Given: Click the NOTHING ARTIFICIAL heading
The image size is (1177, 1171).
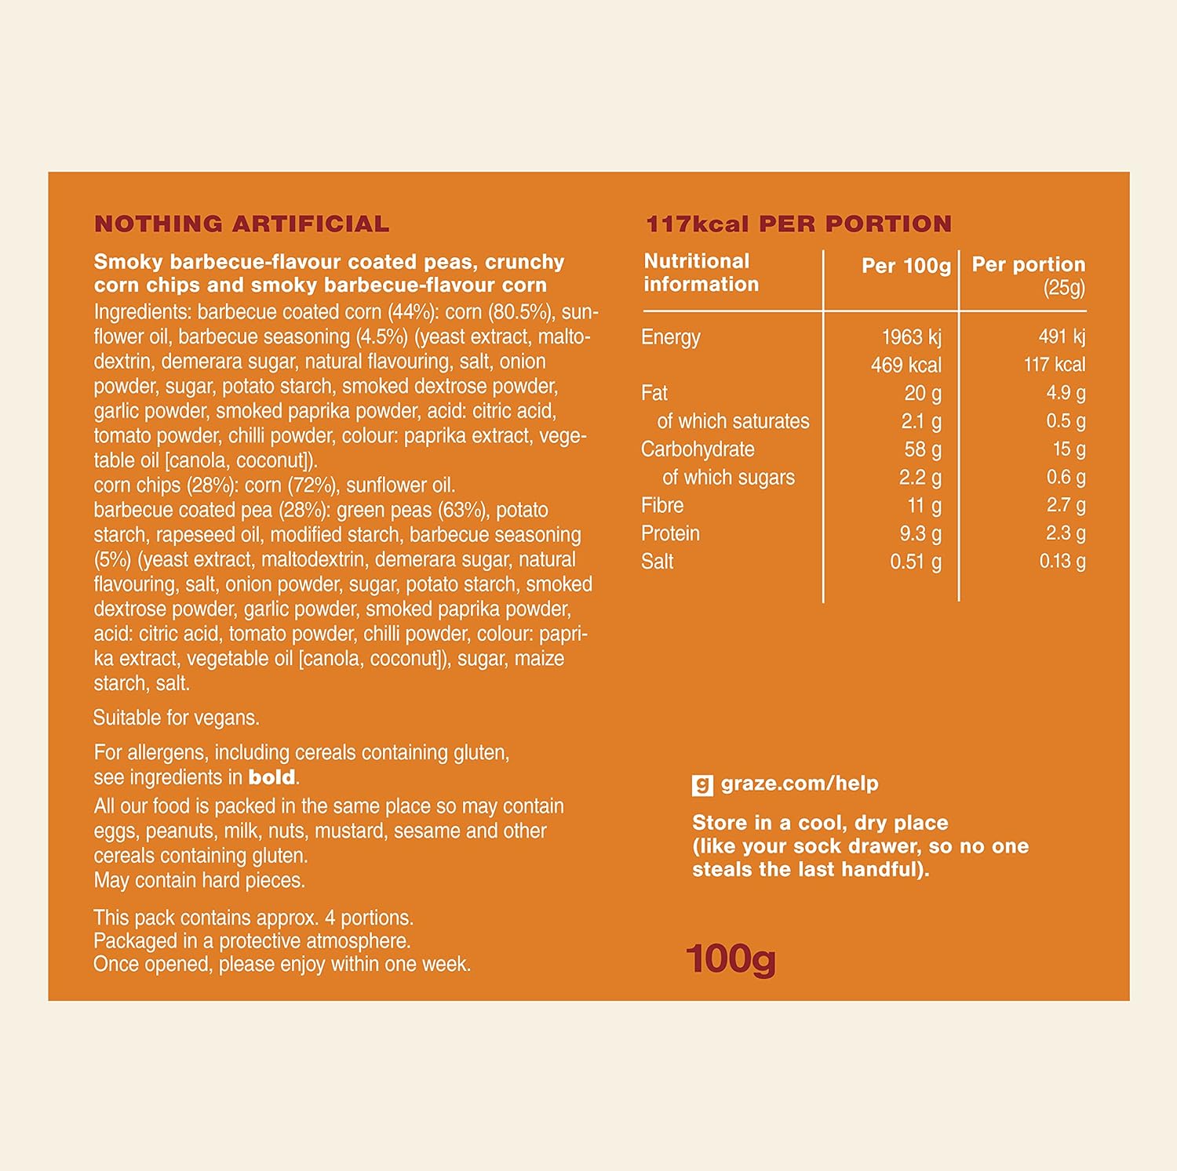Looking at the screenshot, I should click(242, 224).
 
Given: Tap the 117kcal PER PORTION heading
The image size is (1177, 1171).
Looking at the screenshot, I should click(798, 224).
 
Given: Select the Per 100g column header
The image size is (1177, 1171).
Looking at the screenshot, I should click(906, 266).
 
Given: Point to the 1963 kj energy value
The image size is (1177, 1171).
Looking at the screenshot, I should click(911, 337).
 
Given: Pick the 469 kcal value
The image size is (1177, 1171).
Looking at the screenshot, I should click(906, 365).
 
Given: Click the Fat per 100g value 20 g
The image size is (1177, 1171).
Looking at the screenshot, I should click(922, 393).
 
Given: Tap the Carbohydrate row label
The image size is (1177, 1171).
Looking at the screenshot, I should click(698, 449).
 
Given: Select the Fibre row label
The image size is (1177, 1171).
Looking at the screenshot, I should click(662, 506).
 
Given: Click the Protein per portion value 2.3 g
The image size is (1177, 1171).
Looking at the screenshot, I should click(1065, 533).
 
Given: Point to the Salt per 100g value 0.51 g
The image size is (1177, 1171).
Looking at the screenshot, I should click(915, 562).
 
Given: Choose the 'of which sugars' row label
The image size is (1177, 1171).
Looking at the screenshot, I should click(728, 478).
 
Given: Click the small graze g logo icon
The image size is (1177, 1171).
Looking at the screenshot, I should click(702, 784).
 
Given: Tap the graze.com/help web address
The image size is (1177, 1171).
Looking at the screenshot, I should click(799, 784).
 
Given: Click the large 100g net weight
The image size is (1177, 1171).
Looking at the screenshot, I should click(731, 958).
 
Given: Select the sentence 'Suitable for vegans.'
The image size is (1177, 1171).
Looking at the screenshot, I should click(177, 718).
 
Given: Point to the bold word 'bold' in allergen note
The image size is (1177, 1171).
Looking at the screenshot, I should click(271, 777).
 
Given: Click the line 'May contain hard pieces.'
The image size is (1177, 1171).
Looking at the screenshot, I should click(199, 881).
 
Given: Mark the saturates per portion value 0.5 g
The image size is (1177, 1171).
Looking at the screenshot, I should click(1065, 421).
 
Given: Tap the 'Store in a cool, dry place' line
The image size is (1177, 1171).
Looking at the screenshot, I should click(820, 823).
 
